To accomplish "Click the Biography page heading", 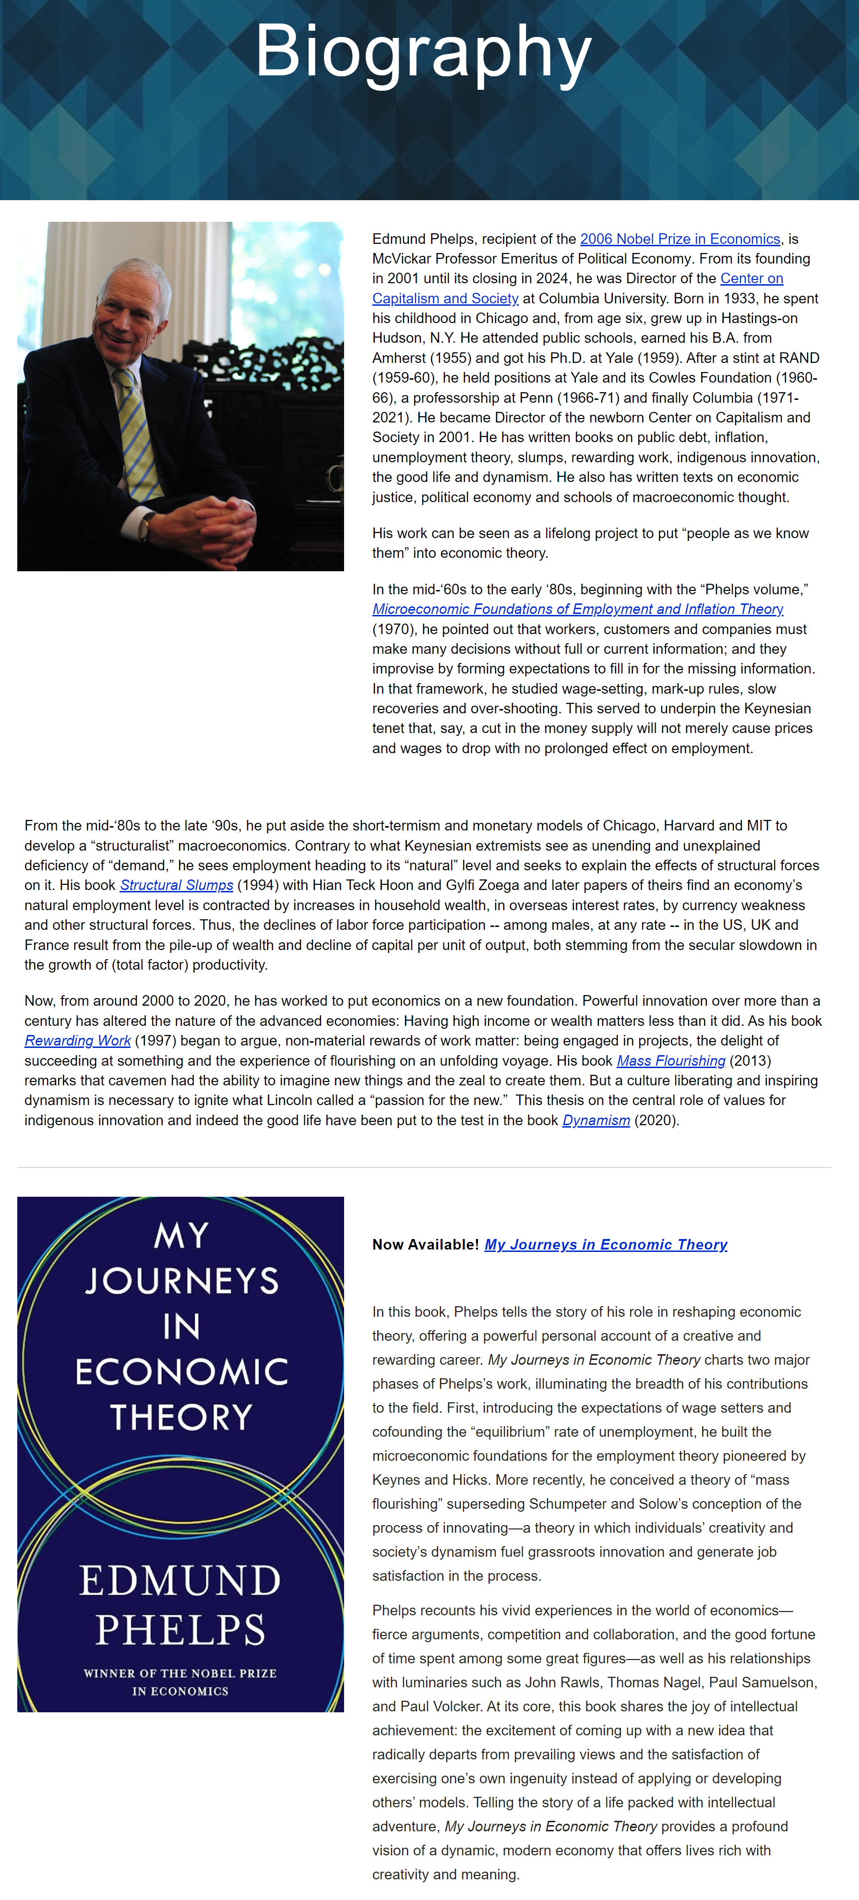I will (423, 52).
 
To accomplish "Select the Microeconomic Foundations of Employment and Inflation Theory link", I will (577, 609).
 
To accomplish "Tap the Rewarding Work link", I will (77, 1041).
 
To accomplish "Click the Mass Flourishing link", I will (671, 1060).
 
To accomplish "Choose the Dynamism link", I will (596, 1120).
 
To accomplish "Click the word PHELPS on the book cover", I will (180, 1630).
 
